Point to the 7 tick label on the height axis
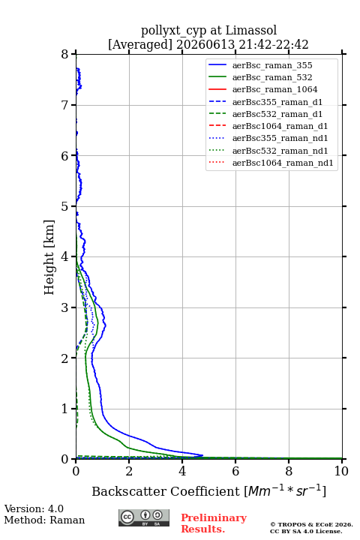click(64, 105)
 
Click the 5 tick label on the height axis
click(64, 206)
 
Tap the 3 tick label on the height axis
click(64, 307)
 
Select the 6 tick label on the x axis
click(235, 471)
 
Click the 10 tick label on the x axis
click(341, 471)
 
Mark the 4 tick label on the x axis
click(182, 471)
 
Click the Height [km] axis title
click(49, 257)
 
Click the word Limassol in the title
click(250, 31)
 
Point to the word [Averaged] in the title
click(139, 45)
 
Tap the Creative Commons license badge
click(144, 517)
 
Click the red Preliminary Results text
click(214, 523)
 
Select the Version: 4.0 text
click(34, 508)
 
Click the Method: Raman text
click(44, 520)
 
